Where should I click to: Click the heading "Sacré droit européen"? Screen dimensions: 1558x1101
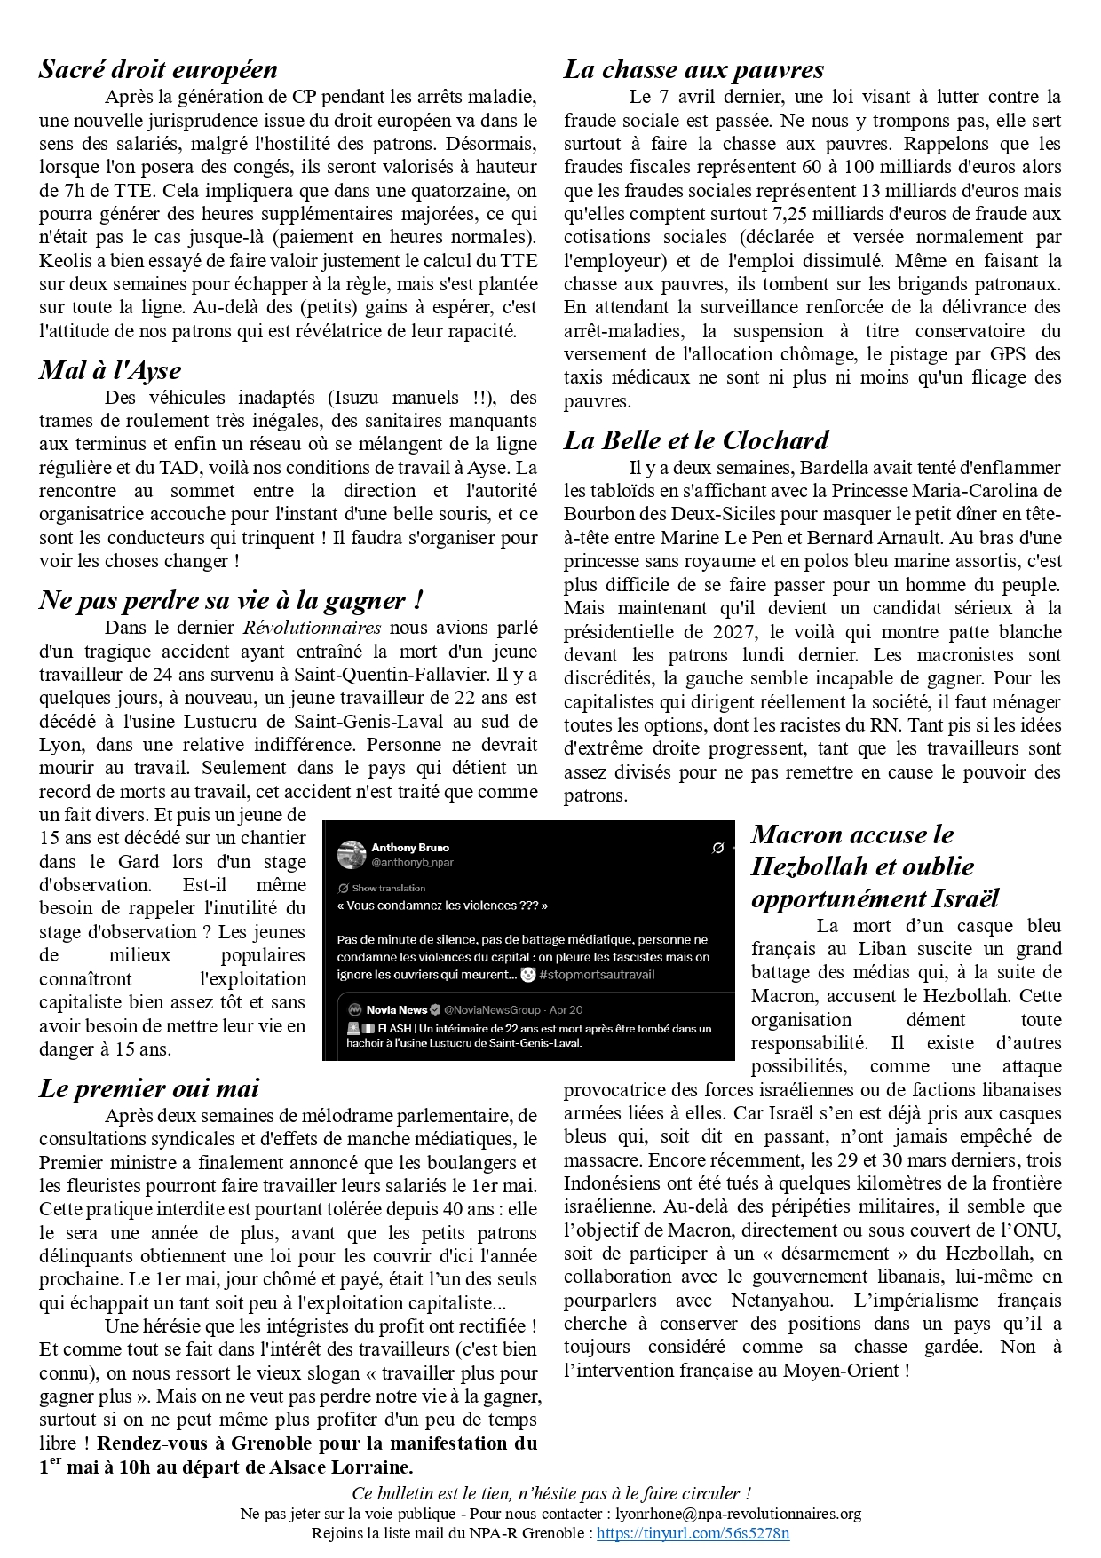click(x=158, y=69)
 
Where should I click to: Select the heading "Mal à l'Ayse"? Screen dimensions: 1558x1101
click(x=110, y=370)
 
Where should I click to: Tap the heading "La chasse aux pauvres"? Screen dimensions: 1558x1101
click(x=693, y=69)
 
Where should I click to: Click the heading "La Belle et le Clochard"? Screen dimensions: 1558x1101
click(x=696, y=440)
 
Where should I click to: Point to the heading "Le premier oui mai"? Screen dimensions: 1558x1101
click(x=149, y=1088)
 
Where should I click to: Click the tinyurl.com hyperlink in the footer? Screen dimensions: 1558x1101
click(x=693, y=1533)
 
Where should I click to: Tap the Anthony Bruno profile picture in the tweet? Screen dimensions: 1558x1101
click(x=352, y=854)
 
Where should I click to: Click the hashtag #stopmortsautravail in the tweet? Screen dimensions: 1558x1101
click(x=597, y=975)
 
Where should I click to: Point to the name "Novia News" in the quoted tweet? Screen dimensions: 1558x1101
click(x=396, y=1009)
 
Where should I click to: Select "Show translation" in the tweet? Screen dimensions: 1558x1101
click(x=388, y=888)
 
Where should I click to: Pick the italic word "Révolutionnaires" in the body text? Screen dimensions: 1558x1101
click(x=313, y=628)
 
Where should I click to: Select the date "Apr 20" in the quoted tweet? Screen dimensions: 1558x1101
click(x=566, y=1009)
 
